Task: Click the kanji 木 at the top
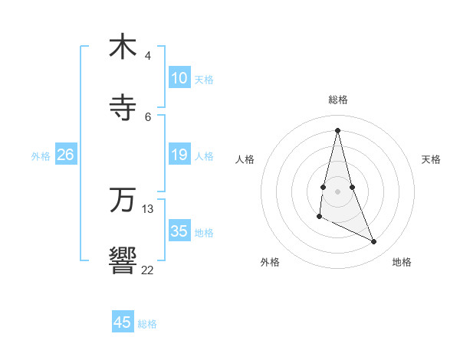coord(123,47)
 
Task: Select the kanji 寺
coord(123,107)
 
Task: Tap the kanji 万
coord(123,201)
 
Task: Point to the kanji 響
coord(123,261)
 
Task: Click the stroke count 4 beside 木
coord(148,56)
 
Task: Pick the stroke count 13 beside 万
coord(148,208)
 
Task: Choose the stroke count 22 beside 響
coord(148,270)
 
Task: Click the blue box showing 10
coord(179,78)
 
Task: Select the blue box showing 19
coord(179,155)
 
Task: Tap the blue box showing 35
coord(179,231)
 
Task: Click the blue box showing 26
coord(66,155)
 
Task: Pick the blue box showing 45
coord(123,322)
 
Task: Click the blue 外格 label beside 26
coord(41,155)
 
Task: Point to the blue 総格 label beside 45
coord(147,323)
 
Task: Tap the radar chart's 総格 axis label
coord(338,100)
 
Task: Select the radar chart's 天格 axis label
coord(432,159)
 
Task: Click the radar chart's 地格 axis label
coord(402,262)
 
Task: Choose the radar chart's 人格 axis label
coord(245,159)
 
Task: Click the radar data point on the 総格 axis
coord(337,129)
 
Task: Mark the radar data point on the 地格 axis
coord(374,242)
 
